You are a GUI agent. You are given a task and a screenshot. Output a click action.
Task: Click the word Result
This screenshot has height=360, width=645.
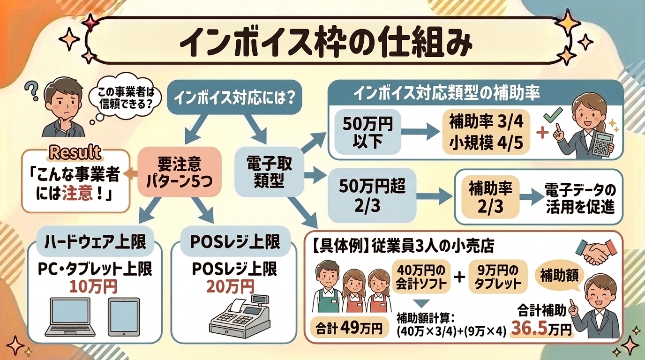pos(75,152)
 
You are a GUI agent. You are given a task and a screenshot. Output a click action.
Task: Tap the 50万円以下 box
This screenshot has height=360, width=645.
pos(368,132)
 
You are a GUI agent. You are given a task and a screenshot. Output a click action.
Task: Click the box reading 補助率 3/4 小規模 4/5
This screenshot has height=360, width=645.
pos(486,132)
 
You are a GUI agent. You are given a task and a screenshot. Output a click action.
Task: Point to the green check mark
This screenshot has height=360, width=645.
pos(555,115)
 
